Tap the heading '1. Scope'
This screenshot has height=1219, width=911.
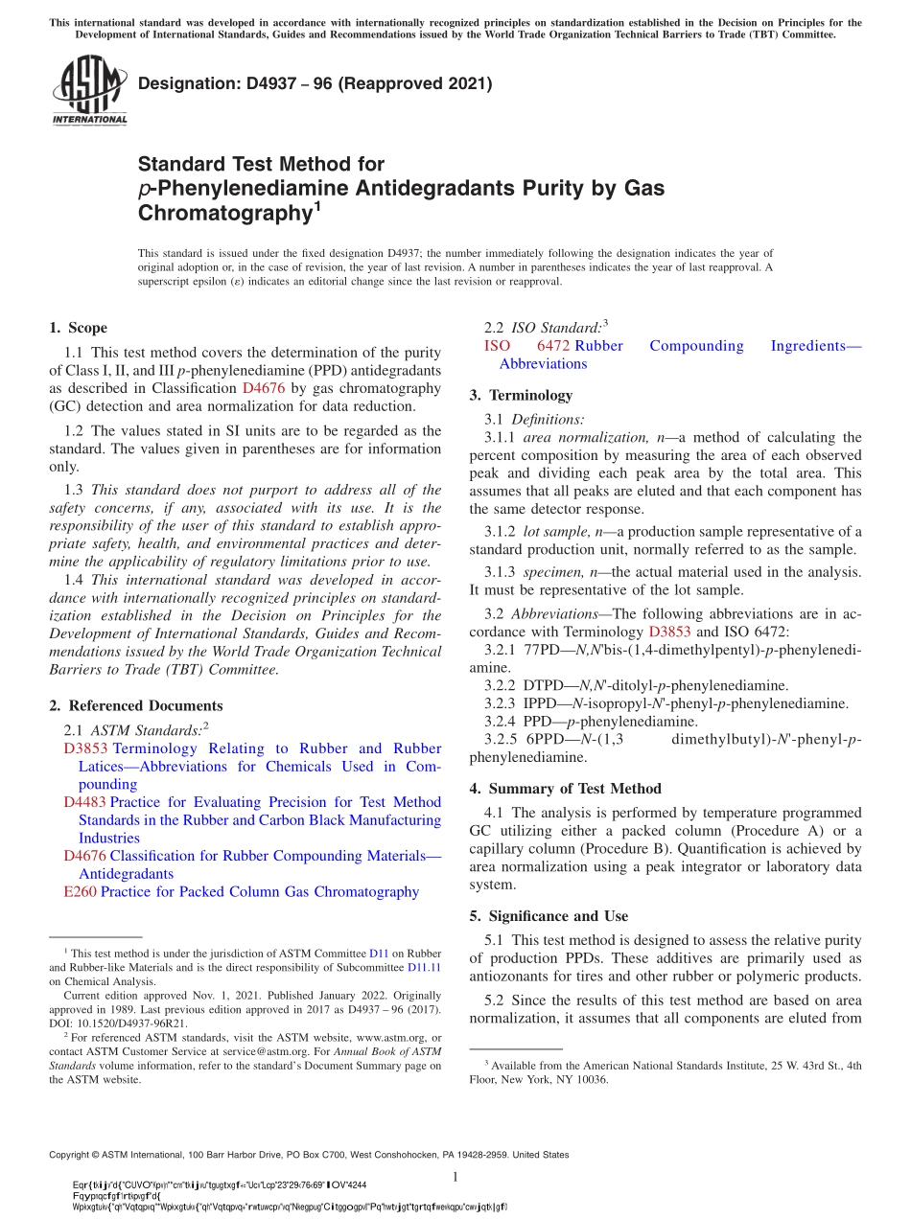(x=78, y=328)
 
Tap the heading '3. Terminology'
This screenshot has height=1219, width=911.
(x=521, y=395)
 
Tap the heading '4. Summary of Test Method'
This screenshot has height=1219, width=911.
(x=565, y=789)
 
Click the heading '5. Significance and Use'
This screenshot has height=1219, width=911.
(x=549, y=916)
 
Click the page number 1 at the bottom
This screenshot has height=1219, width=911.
(x=455, y=1177)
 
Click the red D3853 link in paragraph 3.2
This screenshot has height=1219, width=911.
(x=669, y=632)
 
